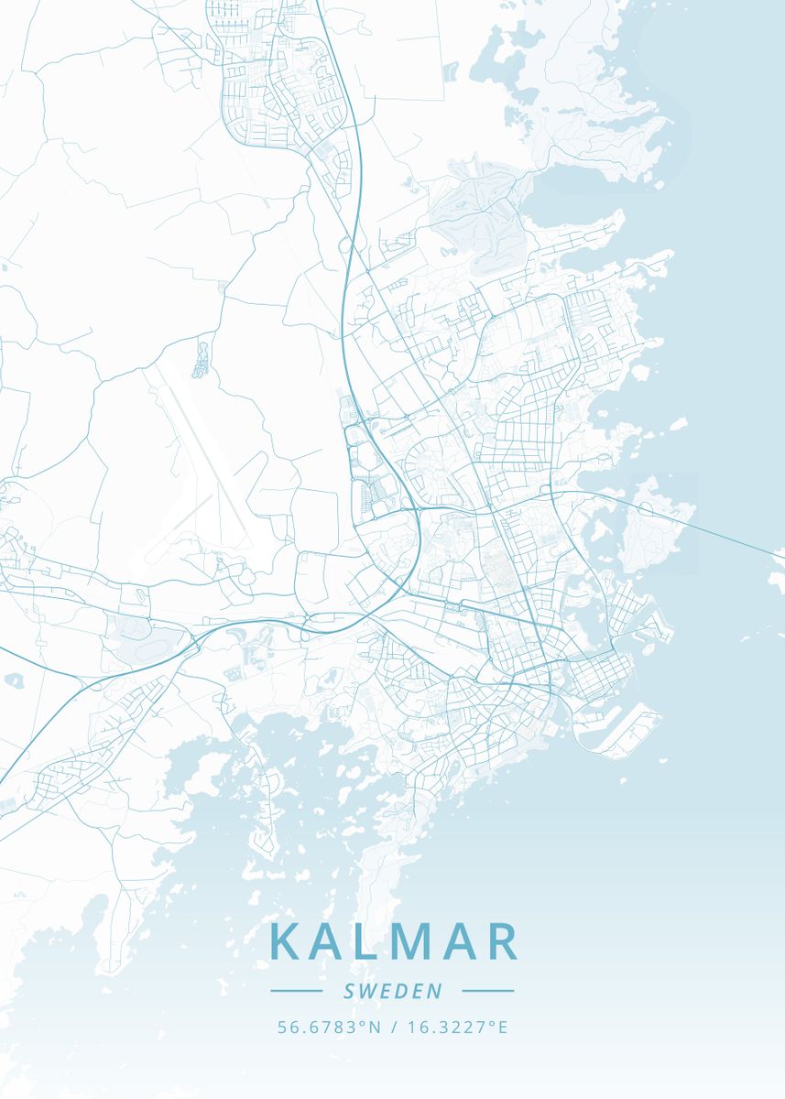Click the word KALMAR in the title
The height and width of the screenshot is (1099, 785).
(393, 942)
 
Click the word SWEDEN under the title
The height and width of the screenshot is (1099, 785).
(392, 991)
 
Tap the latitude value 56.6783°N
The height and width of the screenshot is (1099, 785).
(329, 1028)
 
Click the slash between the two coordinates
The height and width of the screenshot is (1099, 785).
(393, 1028)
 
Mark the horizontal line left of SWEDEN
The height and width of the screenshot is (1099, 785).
(296, 991)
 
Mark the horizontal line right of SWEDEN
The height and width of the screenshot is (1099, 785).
(488, 991)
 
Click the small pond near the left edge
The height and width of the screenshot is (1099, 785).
(13, 680)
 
